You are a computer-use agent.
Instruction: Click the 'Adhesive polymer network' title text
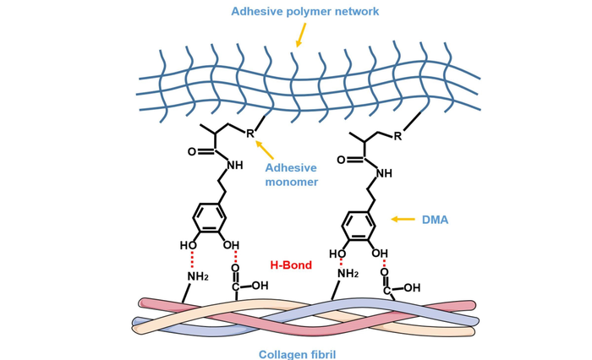tap(305, 11)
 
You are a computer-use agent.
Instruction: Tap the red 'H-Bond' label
tap(291, 265)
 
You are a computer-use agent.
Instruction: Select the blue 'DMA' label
tap(435, 220)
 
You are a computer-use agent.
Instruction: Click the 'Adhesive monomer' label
tap(291, 175)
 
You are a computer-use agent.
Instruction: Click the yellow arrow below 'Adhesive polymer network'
tap(300, 35)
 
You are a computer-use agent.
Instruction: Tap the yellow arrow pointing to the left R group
tap(265, 150)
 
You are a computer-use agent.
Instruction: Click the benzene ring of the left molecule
tap(208, 217)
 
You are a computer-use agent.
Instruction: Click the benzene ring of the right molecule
tap(358, 226)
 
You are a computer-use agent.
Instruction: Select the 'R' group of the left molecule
tap(250, 134)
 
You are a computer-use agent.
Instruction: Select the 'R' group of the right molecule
tap(397, 136)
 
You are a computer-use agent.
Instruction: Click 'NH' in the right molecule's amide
tap(384, 173)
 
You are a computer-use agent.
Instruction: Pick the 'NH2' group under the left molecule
tap(197, 276)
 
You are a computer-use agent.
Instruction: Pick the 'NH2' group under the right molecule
tap(348, 274)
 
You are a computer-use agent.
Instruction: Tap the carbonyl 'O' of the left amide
tap(192, 152)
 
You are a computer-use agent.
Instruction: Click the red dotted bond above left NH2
tap(192, 259)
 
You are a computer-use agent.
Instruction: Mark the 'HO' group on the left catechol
tap(188, 245)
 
